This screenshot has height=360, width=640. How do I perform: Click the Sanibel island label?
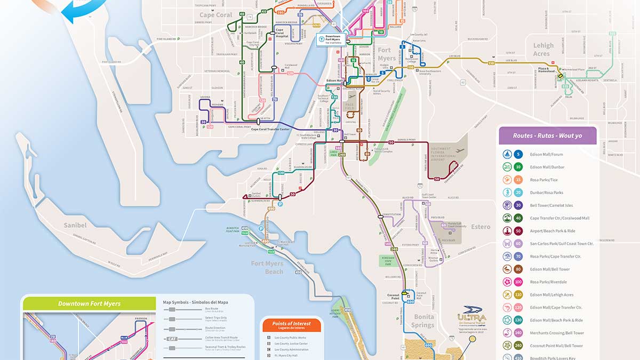coord(75,225)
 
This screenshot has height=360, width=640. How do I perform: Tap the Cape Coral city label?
coord(216,15)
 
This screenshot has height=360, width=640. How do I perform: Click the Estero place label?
coord(481,227)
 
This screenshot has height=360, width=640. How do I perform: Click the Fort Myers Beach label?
coord(267,267)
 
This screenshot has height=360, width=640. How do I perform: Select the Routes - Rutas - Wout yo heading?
coord(547,135)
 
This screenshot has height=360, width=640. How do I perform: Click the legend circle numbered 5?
coord(519,155)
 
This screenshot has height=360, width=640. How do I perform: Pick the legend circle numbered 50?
coord(519,231)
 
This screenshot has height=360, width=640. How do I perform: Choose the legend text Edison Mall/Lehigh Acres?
coord(551,295)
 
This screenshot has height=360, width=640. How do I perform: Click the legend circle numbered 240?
coord(519,346)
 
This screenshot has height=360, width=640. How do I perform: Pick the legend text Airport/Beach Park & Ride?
coord(555,231)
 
